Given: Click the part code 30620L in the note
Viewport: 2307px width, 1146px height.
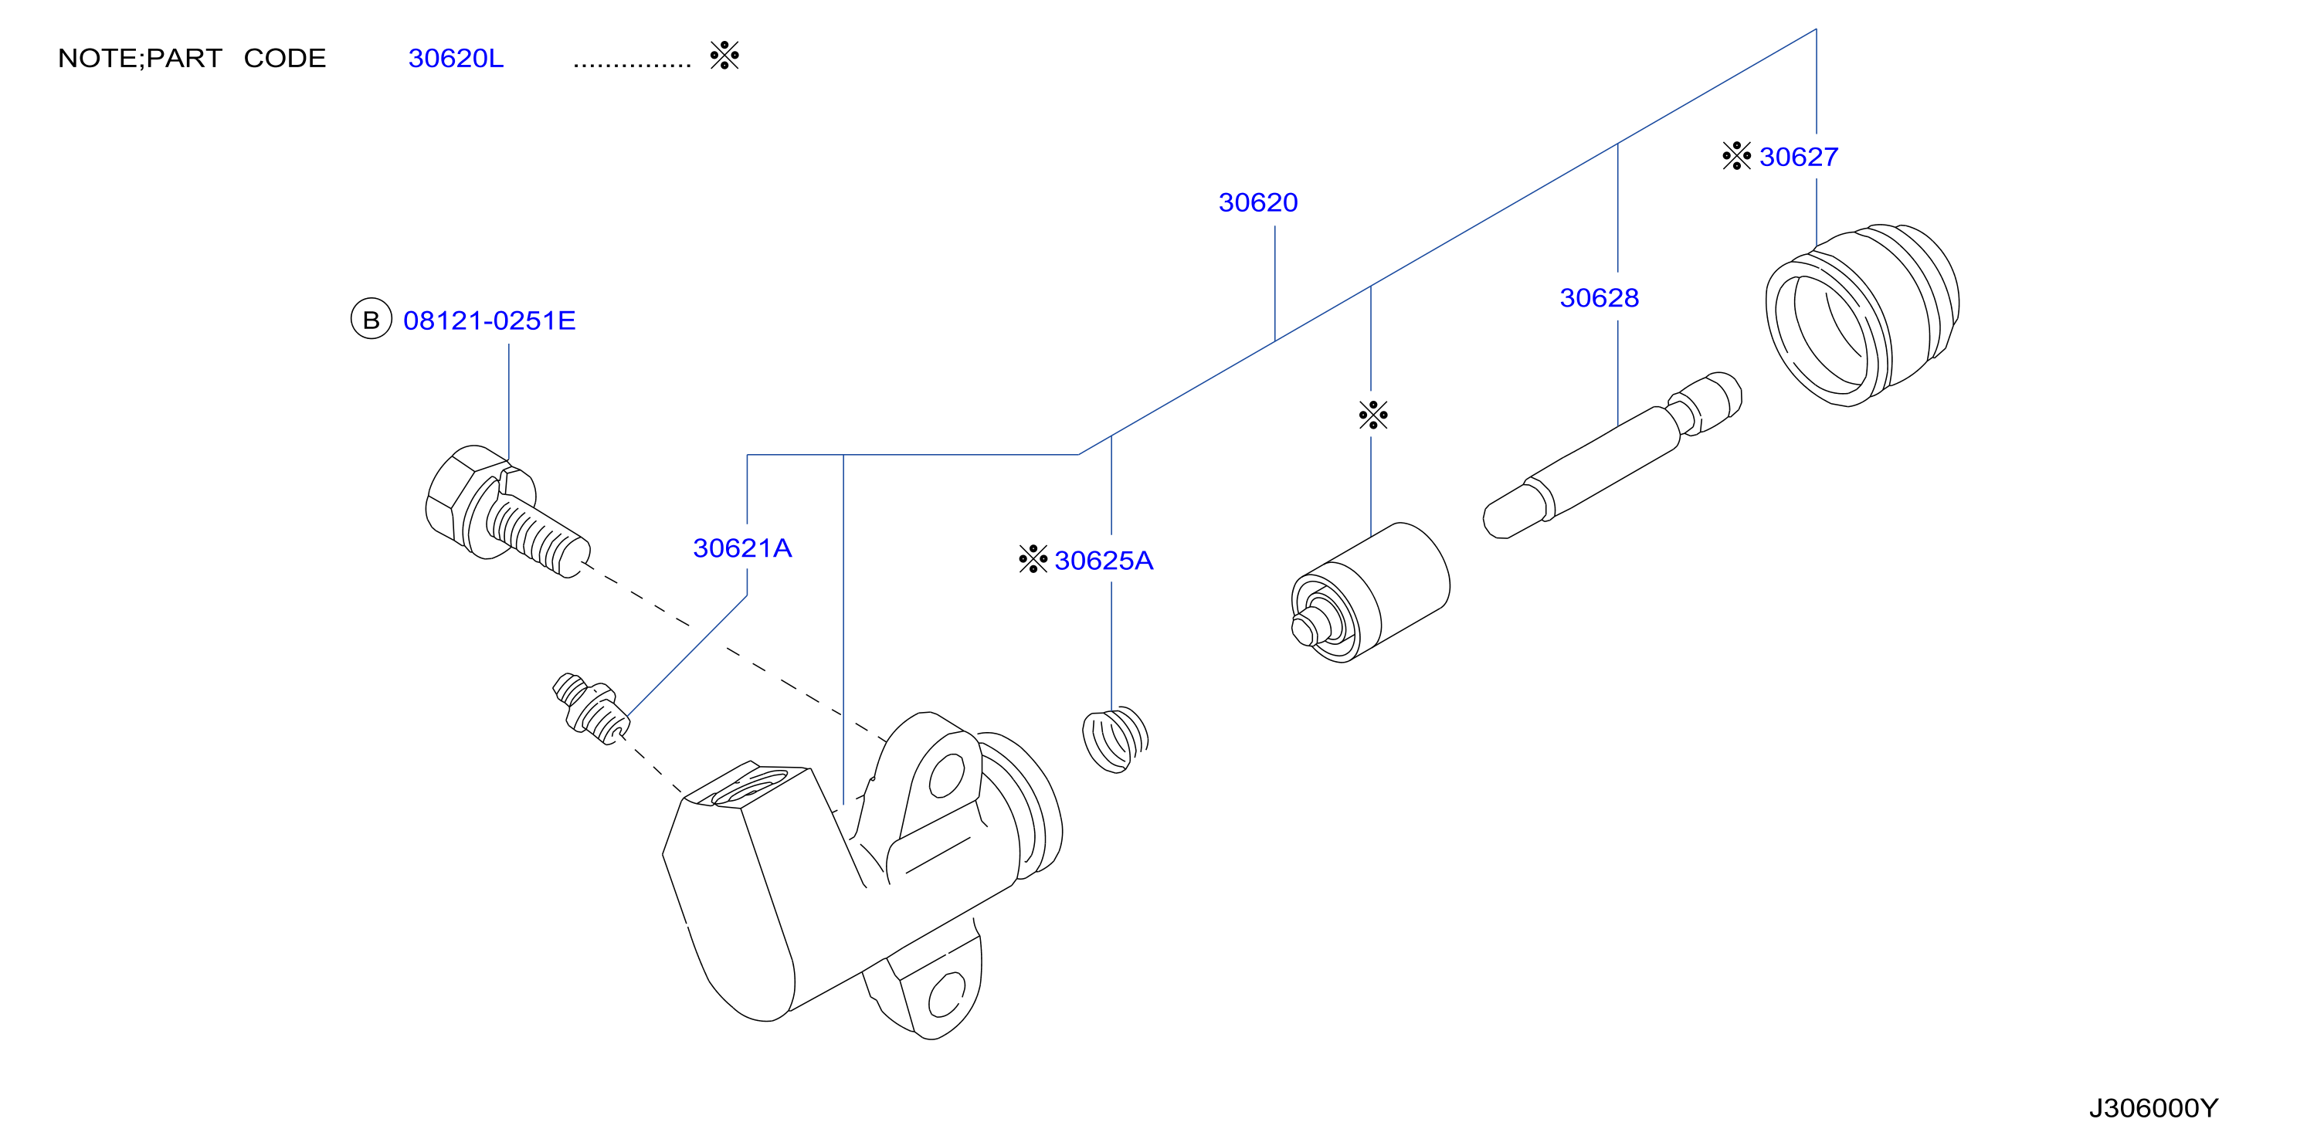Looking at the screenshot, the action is pyautogui.click(x=456, y=58).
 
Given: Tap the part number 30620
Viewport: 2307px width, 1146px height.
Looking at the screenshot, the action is pyautogui.click(x=1258, y=202).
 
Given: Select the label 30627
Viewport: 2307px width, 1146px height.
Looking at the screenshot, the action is pyautogui.click(x=1798, y=157).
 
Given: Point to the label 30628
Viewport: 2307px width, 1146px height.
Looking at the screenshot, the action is pyautogui.click(x=1600, y=297).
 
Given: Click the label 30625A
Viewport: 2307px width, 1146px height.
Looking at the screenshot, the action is pyautogui.click(x=1104, y=561).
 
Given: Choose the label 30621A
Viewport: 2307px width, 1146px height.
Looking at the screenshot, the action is pyautogui.click(x=742, y=548).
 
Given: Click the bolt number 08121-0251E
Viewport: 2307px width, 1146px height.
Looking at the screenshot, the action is pyautogui.click(x=489, y=320).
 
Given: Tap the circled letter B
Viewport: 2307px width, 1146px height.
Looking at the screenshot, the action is pyautogui.click(x=371, y=320).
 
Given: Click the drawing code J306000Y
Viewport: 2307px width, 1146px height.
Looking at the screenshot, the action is pyautogui.click(x=2153, y=1108).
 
